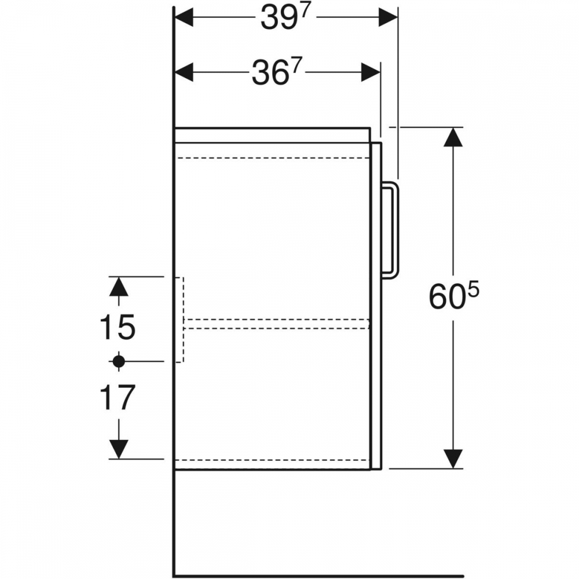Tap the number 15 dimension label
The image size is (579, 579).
[118, 327]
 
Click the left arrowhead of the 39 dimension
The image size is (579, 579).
[184, 17]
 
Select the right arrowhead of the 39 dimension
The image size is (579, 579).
[388, 17]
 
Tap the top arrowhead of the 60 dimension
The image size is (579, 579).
[453, 137]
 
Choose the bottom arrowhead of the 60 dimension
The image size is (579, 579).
[453, 459]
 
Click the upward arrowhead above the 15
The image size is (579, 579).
[119, 286]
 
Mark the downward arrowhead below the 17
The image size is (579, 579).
[119, 449]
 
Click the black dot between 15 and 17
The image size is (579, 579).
[119, 361]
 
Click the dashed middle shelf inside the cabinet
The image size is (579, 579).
[277, 323]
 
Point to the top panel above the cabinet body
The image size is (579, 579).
[273, 135]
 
